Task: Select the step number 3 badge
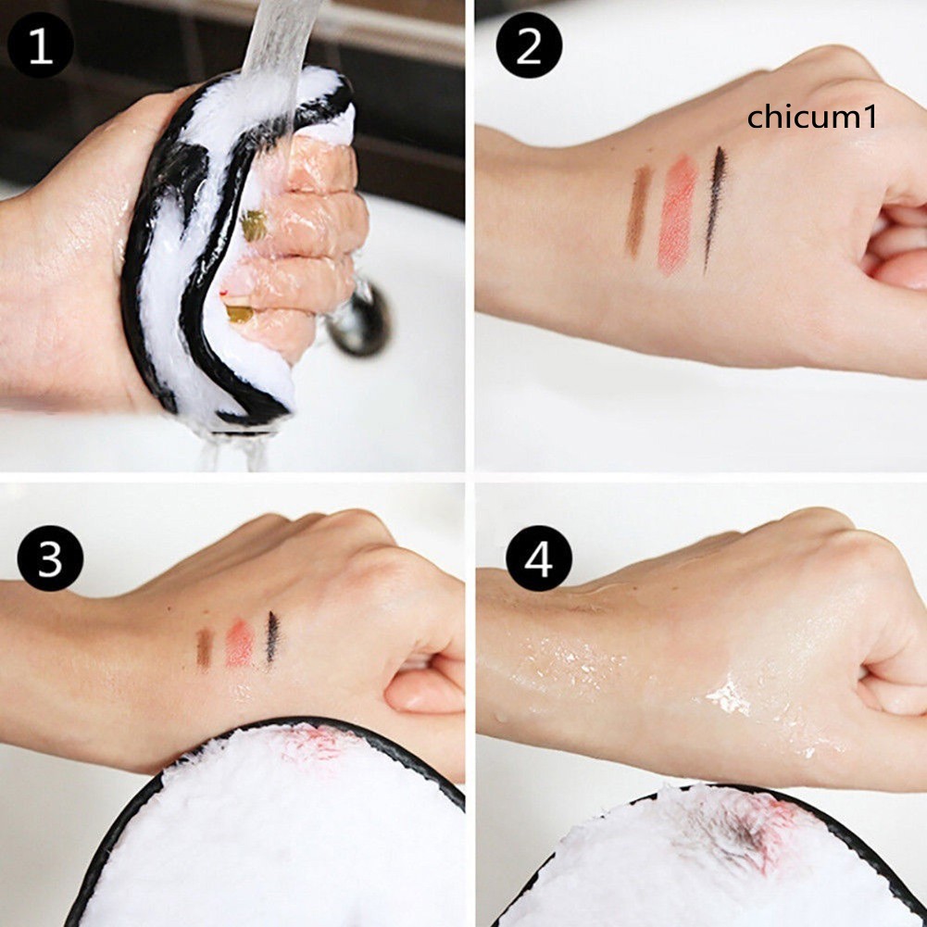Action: pos(50,557)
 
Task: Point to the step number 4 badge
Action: pos(538,557)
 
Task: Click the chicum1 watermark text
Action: pos(811,118)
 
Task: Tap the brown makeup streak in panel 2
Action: pos(637,212)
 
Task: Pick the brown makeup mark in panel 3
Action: pos(204,647)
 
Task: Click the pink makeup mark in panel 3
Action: pos(239,643)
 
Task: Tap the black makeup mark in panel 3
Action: pos(272,637)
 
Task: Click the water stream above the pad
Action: pos(278,37)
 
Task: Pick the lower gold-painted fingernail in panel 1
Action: pos(238,313)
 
